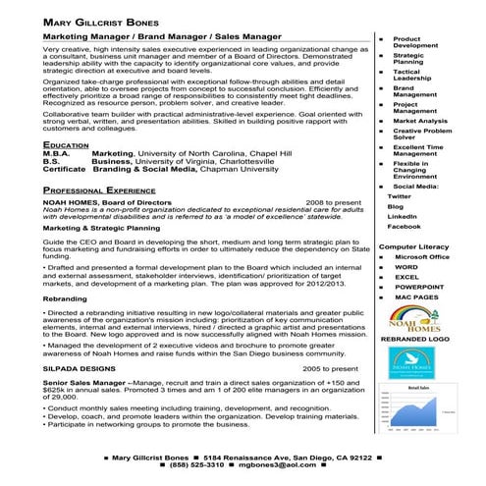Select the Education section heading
click(x=66, y=144)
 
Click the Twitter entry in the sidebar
click(x=400, y=196)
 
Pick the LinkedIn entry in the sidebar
click(x=403, y=216)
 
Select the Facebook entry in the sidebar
click(x=404, y=227)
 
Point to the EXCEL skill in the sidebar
click(x=405, y=277)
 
